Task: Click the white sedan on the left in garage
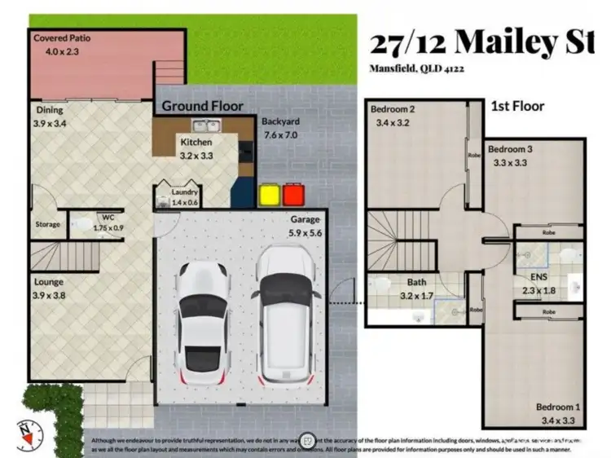coord(202,324)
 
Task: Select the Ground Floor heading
coord(201,106)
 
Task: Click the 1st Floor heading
coord(517,106)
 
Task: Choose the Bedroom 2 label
coord(393,109)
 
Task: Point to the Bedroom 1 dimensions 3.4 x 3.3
coord(557,421)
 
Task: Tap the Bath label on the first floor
coord(415,283)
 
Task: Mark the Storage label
coord(47,224)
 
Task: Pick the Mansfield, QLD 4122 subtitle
coord(416,69)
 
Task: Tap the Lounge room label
coord(49,282)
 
